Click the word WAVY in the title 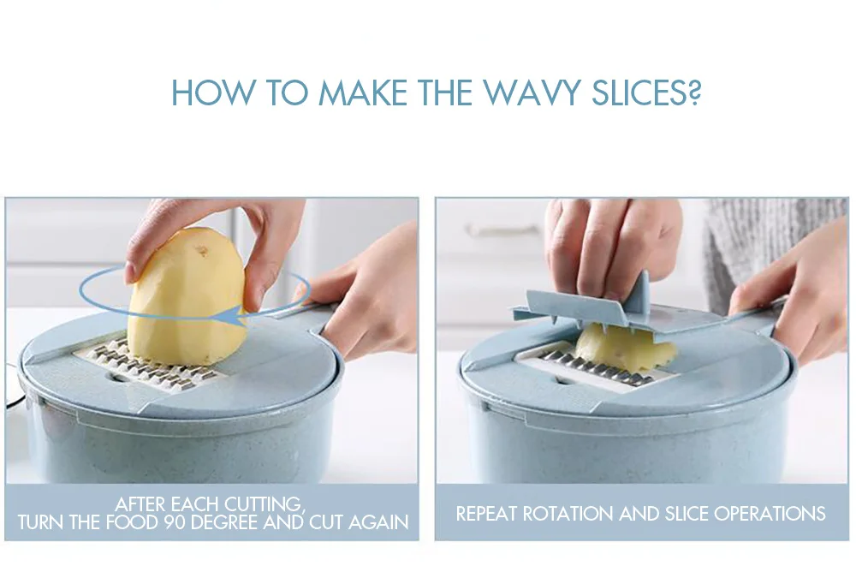532,92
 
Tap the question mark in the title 694,92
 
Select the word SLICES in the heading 639,92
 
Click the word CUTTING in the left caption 263,504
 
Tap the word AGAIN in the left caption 378,522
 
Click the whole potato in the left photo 187,296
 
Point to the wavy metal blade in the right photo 595,367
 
